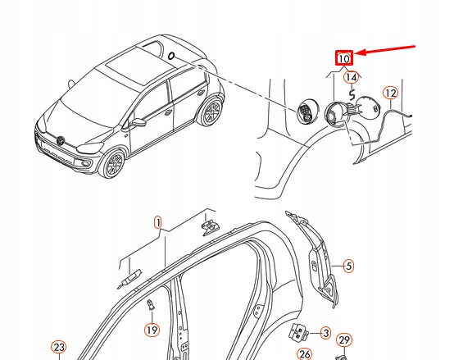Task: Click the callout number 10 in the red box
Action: coord(343,58)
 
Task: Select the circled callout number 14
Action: coord(352,78)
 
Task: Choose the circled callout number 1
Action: coord(158,222)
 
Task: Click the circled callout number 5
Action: coord(347,265)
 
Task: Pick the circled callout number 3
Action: coord(325,333)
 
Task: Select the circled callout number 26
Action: coord(305,354)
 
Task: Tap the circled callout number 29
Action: coord(344,340)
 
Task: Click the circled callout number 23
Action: coord(58,349)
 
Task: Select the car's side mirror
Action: coord(139,122)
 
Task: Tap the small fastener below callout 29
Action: coord(344,356)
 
